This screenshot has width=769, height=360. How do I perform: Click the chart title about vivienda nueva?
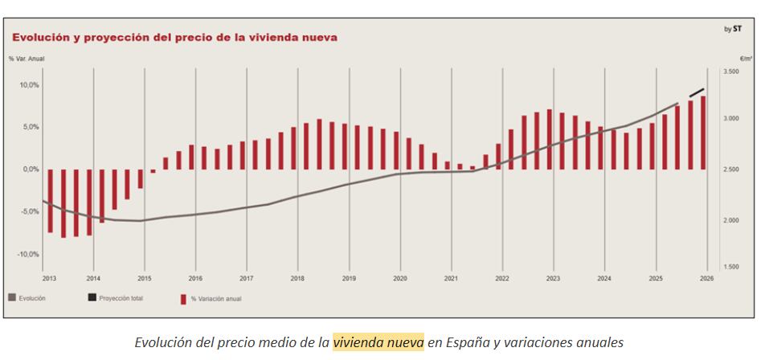(x=174, y=37)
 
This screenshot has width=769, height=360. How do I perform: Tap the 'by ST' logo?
(x=733, y=29)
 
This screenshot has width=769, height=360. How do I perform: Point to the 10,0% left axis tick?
(x=29, y=84)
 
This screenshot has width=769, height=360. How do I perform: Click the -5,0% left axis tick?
(x=29, y=211)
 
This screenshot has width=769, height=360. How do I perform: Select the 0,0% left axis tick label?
(x=30, y=170)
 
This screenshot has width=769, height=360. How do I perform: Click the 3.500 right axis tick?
(x=730, y=72)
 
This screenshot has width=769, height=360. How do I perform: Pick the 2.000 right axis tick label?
(x=730, y=220)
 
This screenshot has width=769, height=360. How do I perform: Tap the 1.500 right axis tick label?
(x=730, y=267)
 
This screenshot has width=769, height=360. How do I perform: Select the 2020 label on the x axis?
(x=399, y=278)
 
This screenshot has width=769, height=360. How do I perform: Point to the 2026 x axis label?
(x=706, y=278)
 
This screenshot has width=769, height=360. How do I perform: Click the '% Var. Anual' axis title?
(x=27, y=59)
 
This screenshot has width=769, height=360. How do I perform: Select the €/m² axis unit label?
(x=745, y=59)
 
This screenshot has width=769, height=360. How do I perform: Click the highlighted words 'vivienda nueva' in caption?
(x=378, y=342)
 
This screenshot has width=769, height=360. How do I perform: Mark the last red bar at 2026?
(x=703, y=133)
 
